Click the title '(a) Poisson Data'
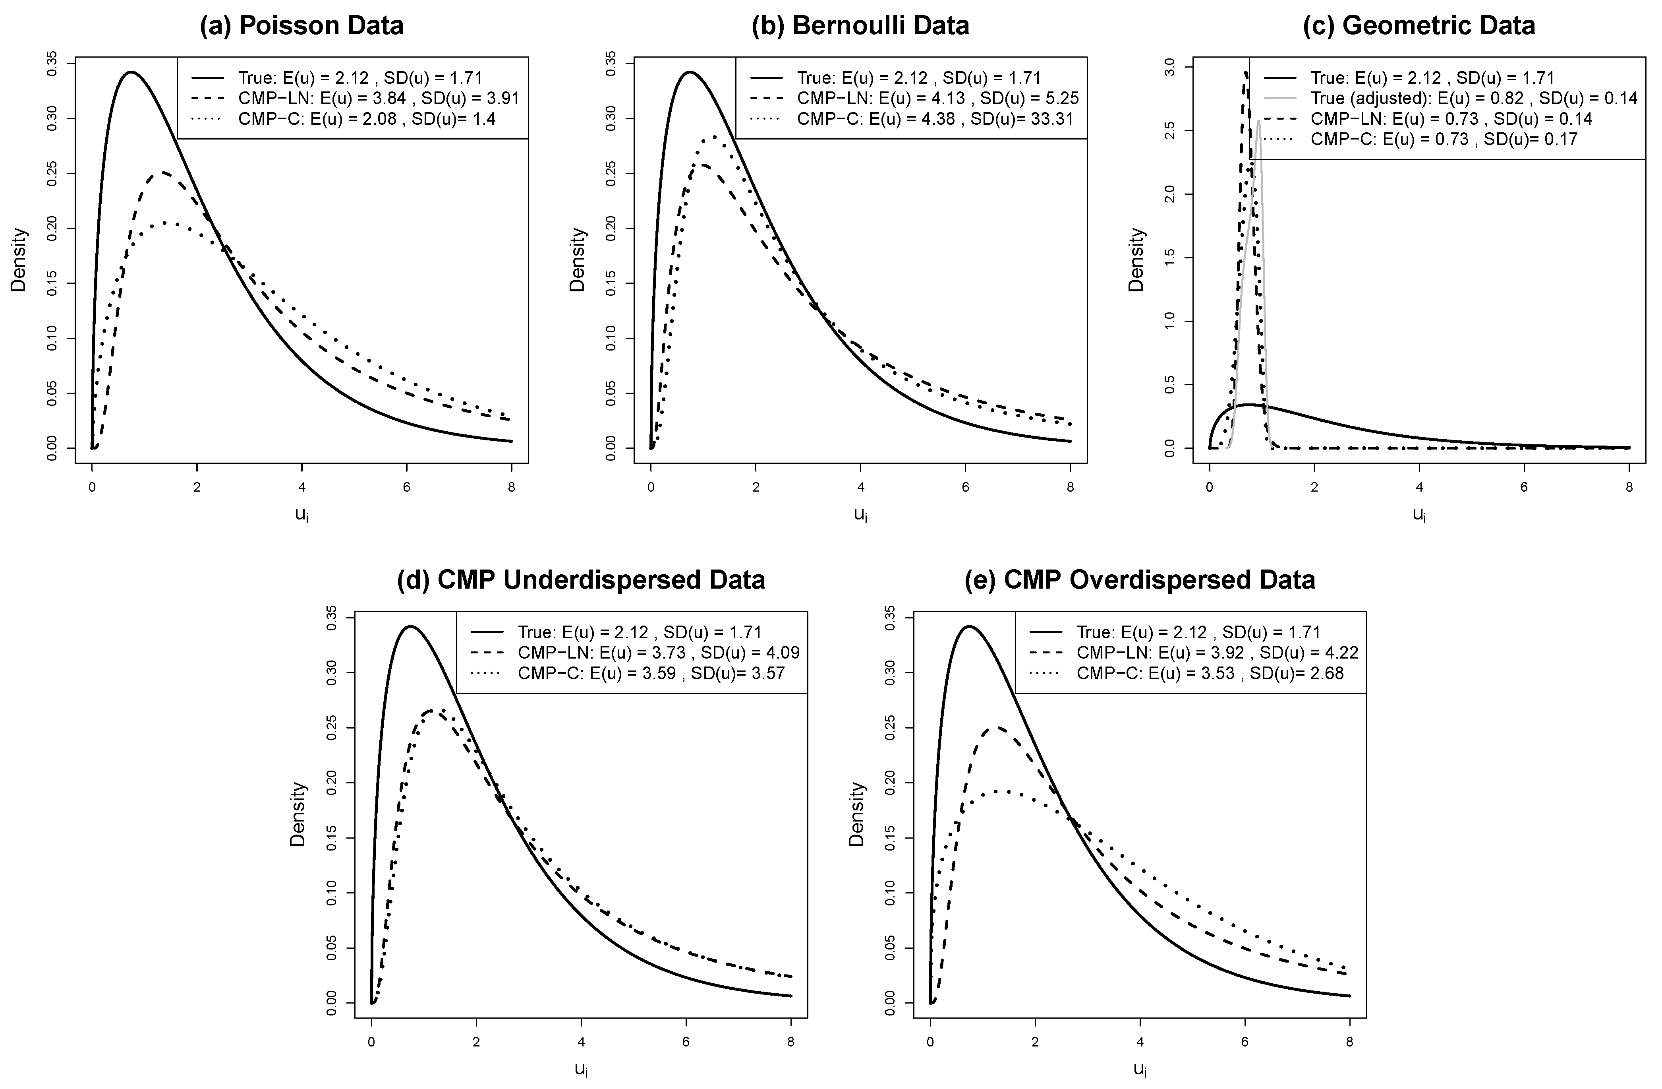pyautogui.click(x=301, y=26)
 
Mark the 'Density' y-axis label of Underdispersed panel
pyautogui.click(x=298, y=814)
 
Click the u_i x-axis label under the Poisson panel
pyautogui.click(x=301, y=515)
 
